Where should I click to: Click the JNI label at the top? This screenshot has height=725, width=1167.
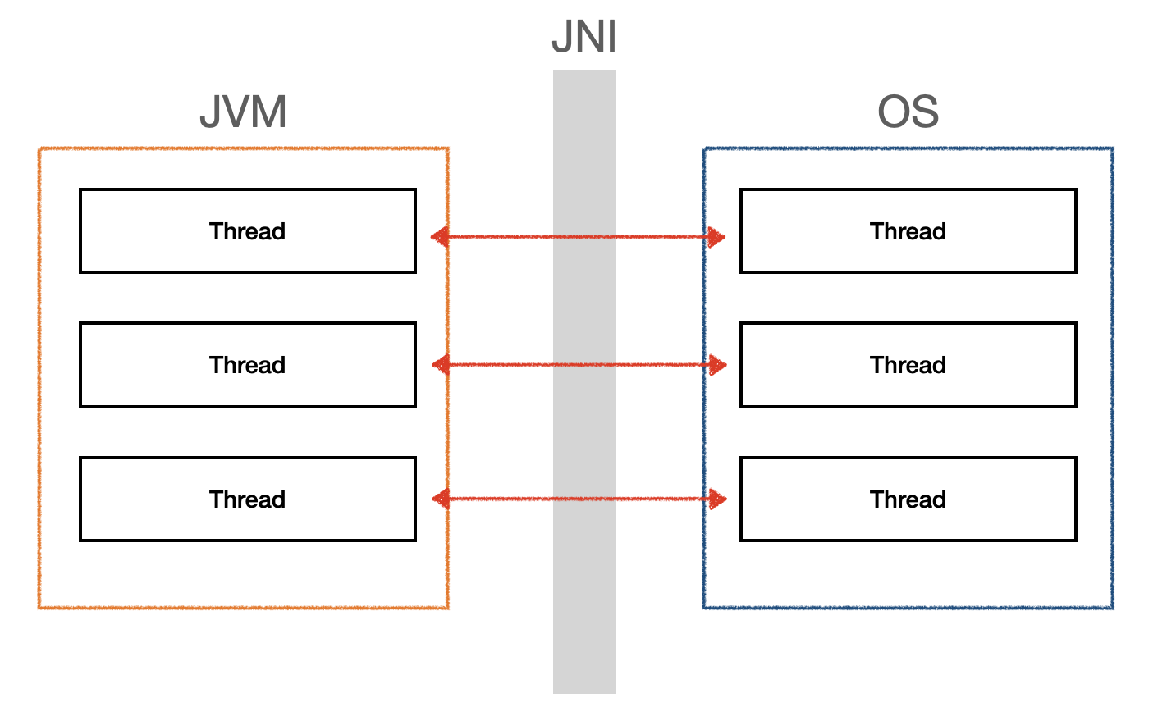point(584,36)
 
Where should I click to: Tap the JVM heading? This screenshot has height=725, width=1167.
point(243,112)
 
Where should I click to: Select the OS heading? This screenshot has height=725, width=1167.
point(908,112)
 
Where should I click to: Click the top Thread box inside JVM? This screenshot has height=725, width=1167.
point(248,230)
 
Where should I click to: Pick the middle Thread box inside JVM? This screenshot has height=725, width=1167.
point(248,365)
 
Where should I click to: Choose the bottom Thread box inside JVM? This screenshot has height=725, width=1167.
point(248,499)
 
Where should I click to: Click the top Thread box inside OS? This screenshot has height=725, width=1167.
point(908,230)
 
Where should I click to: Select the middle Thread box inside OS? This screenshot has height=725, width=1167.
point(908,365)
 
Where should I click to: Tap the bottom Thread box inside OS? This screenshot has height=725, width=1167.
point(908,499)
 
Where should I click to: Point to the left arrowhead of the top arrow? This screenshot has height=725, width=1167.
point(440,237)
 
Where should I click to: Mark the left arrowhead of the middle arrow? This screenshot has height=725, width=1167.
point(441,365)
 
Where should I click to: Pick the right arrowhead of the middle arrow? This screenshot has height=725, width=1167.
point(718,365)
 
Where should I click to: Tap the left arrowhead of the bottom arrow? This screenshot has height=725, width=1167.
point(441,499)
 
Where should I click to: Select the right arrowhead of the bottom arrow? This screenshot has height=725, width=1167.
point(718,499)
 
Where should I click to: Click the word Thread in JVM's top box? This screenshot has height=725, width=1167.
point(248,231)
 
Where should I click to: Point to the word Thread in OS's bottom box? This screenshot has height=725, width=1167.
point(908,499)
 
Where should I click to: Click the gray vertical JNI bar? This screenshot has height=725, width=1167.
point(584,381)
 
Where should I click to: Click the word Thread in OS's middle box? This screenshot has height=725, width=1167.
point(908,365)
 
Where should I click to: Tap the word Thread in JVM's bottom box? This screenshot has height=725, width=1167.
point(248,499)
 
